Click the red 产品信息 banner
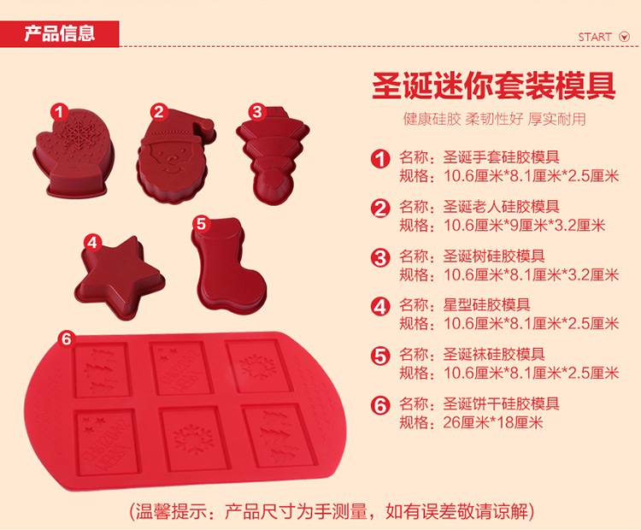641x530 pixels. [60, 33]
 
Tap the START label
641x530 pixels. [594, 38]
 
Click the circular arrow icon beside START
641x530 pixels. [624, 37]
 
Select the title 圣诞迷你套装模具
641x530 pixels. [494, 85]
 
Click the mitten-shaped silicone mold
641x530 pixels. [74, 153]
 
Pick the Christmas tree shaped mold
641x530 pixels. [273, 156]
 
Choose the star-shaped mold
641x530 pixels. [120, 278]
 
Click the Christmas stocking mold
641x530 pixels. [228, 266]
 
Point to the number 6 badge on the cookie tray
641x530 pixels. [66, 339]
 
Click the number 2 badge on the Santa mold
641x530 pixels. [159, 112]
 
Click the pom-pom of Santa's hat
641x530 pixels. [207, 123]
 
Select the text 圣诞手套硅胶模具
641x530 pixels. [501, 156]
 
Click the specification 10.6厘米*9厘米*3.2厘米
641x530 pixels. [525, 226]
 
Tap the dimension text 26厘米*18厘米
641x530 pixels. [493, 422]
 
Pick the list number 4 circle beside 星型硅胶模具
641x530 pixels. [380, 307]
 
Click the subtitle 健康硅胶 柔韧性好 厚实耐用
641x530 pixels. [494, 119]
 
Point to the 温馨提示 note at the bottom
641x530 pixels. [332, 511]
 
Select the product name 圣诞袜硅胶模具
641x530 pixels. [494, 354]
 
